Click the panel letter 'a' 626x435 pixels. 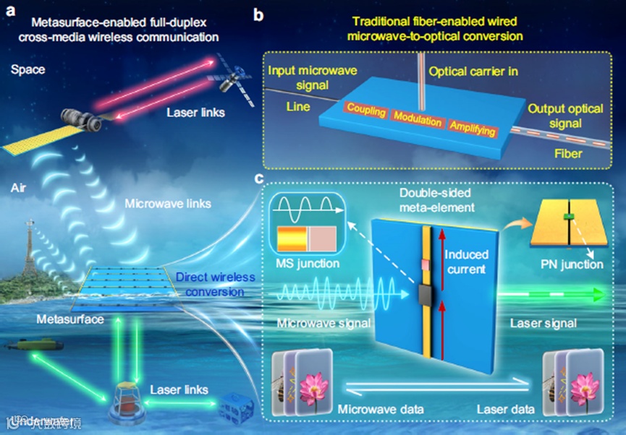click(x=9, y=11)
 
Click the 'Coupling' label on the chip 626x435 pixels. click(x=365, y=109)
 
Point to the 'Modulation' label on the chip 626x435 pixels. click(x=417, y=119)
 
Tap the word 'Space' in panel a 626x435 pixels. click(x=28, y=70)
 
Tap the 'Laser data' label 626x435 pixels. click(x=506, y=410)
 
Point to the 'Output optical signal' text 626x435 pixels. click(x=565, y=116)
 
